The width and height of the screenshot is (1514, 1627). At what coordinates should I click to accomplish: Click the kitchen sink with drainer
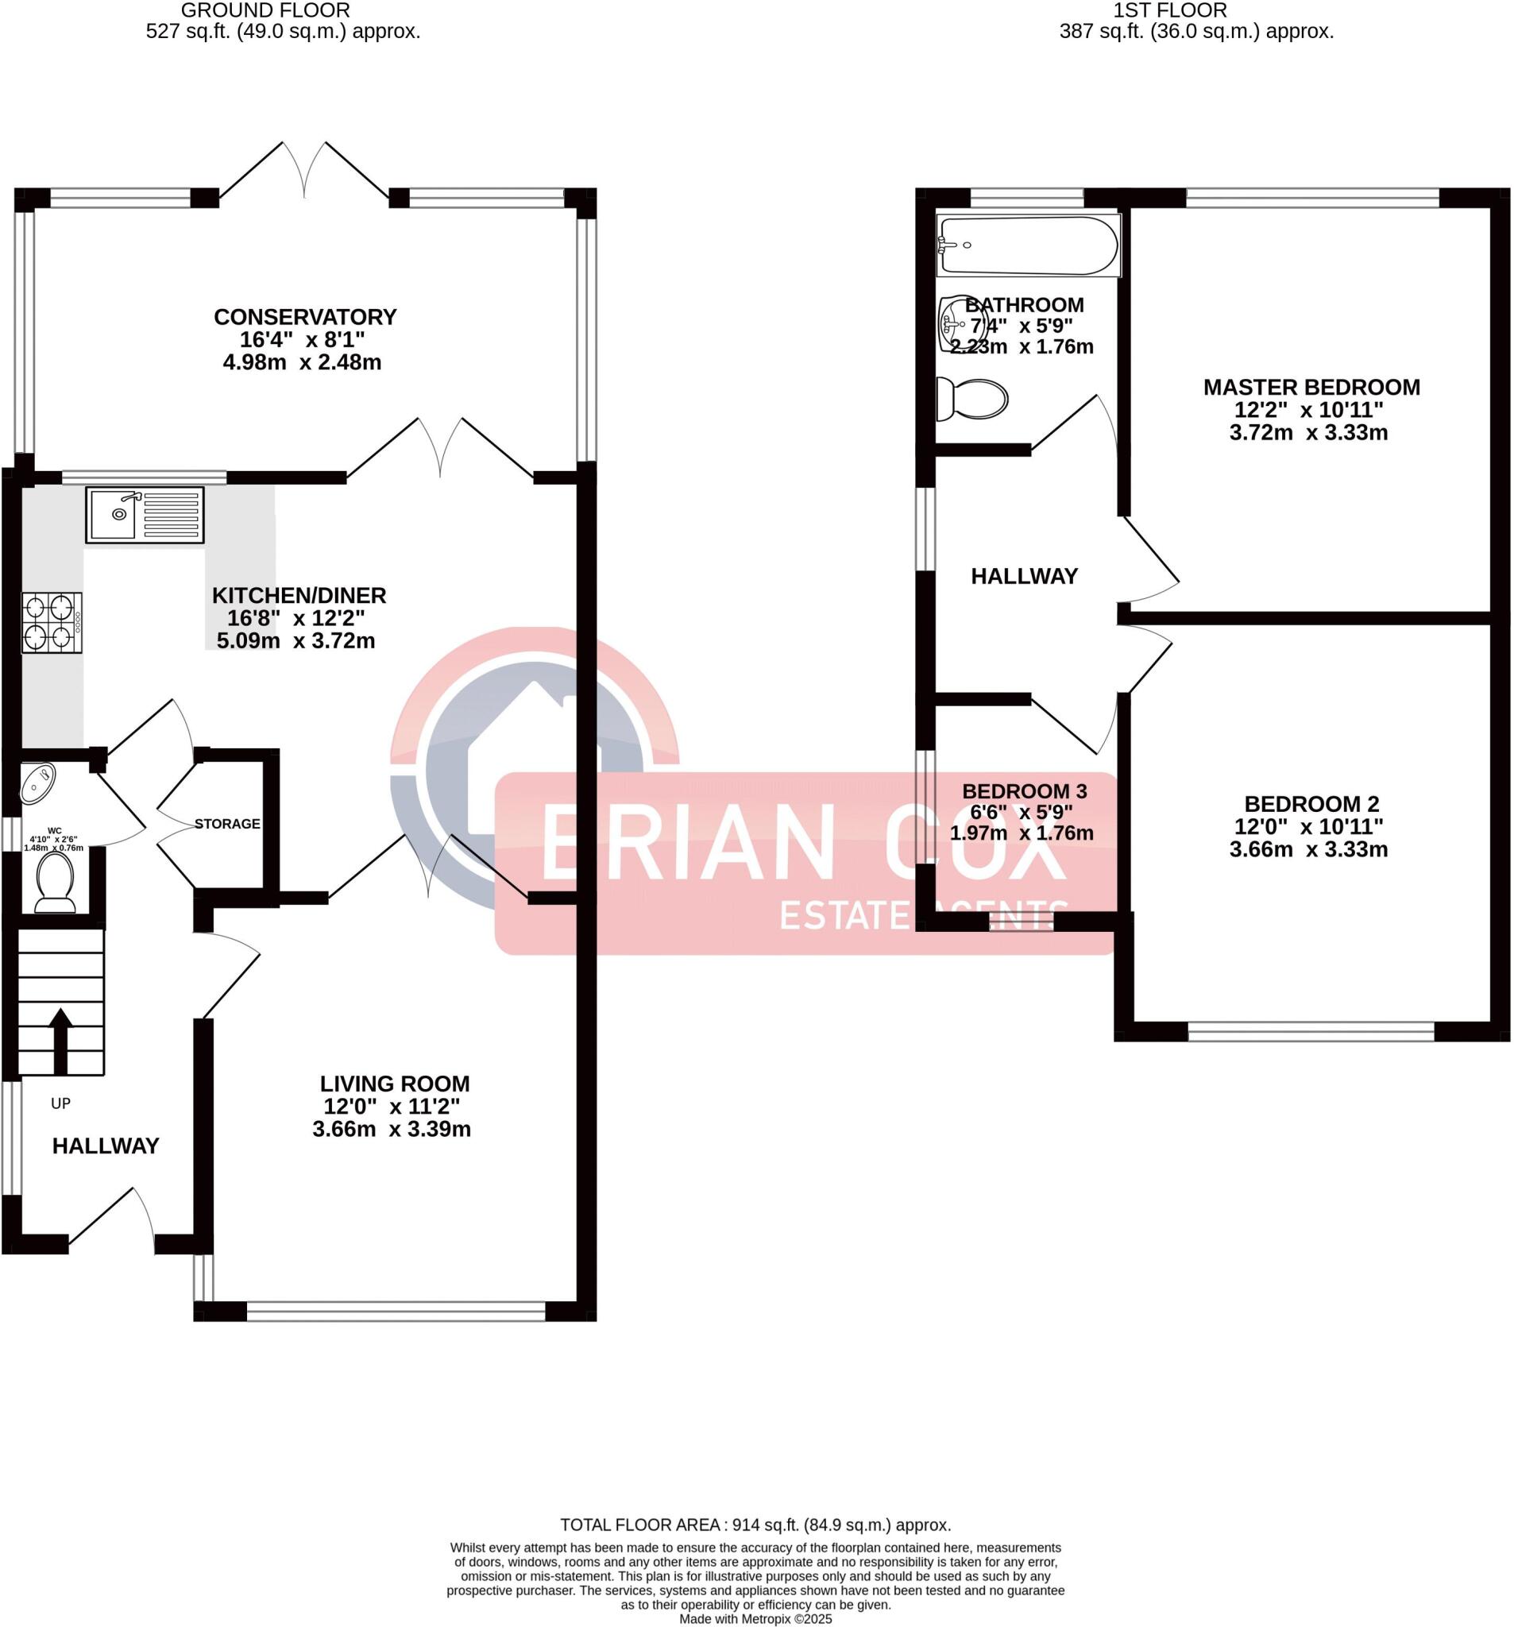[144, 514]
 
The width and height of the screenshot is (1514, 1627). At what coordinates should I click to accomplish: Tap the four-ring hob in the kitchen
[52, 622]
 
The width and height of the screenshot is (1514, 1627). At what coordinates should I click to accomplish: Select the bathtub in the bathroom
[1027, 245]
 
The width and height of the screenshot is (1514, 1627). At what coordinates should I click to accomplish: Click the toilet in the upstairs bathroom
[972, 399]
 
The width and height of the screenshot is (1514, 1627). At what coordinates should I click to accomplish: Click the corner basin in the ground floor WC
[37, 782]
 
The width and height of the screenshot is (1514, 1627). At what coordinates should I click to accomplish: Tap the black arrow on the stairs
[60, 1039]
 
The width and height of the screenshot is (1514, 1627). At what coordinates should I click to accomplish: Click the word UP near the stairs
[60, 1103]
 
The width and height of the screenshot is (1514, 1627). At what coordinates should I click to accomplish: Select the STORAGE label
[227, 823]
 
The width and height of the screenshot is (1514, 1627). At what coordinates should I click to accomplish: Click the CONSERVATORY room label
[305, 317]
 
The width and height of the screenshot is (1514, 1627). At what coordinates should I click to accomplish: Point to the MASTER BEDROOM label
[1311, 387]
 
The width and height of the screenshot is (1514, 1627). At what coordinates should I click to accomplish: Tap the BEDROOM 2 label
[1311, 804]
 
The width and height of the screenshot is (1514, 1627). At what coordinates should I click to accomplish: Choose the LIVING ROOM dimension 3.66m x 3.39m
[391, 1130]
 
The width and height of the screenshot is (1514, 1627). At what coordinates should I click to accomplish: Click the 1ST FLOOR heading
[1169, 10]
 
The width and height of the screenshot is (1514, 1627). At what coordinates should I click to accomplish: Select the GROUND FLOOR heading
[265, 10]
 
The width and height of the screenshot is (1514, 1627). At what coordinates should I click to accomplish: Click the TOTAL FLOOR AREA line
[755, 1525]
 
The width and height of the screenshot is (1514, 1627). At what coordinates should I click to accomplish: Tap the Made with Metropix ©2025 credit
[755, 1619]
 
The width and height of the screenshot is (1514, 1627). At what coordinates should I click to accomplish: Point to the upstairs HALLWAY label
[1024, 576]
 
